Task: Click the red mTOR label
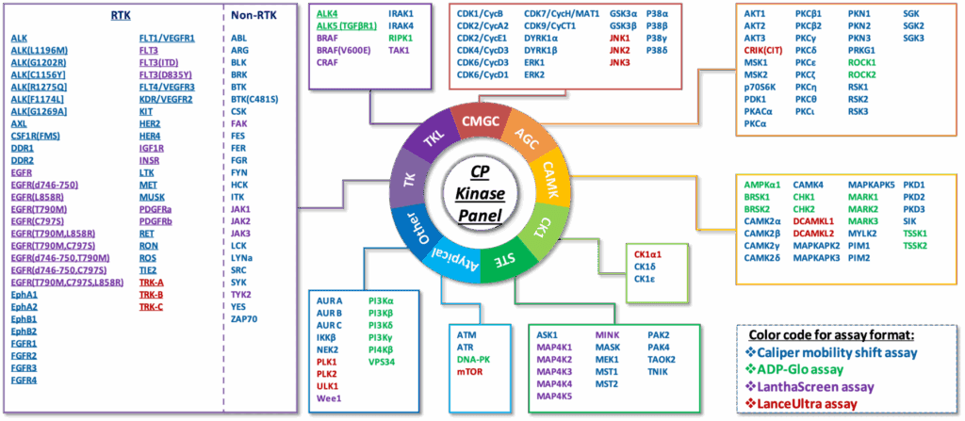point(471,372)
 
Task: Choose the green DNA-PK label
point(475,360)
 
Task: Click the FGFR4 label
point(25,381)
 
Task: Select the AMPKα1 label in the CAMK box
point(763,185)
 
